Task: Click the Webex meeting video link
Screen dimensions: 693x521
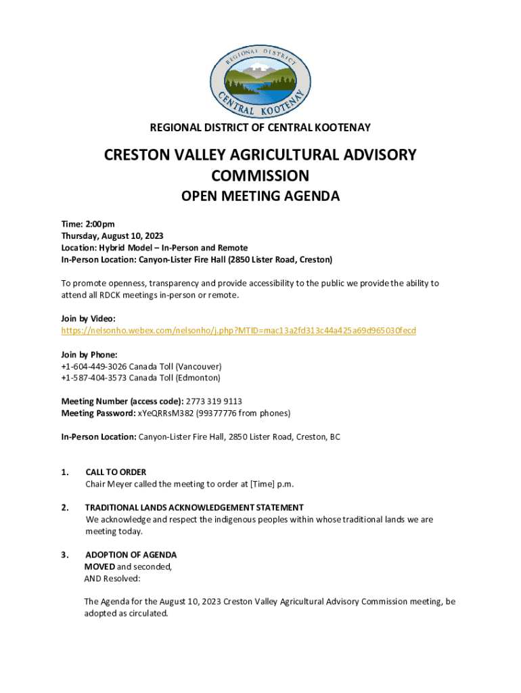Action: pyautogui.click(x=238, y=330)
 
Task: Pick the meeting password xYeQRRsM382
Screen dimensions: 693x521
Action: pyautogui.click(x=164, y=413)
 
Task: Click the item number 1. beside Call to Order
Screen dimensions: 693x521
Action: pyautogui.click(x=64, y=472)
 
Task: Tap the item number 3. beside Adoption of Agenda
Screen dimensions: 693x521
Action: pyautogui.click(x=64, y=555)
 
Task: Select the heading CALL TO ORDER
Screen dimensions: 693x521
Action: pyautogui.click(x=116, y=472)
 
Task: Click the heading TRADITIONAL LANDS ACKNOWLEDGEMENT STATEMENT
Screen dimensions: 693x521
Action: pyautogui.click(x=194, y=508)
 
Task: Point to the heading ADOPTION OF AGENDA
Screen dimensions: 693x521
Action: pyautogui.click(x=131, y=555)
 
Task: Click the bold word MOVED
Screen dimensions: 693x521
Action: pyautogui.click(x=99, y=566)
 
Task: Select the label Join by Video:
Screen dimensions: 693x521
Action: pyautogui.click(x=89, y=318)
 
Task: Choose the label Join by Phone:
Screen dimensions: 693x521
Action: pyautogui.click(x=89, y=355)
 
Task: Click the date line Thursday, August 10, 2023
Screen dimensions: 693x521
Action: pyautogui.click(x=112, y=236)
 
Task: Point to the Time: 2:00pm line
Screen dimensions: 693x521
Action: pyautogui.click(x=88, y=225)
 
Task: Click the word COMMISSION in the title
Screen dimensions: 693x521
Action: pyautogui.click(x=260, y=176)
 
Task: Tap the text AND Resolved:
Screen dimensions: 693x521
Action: pyautogui.click(x=112, y=579)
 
